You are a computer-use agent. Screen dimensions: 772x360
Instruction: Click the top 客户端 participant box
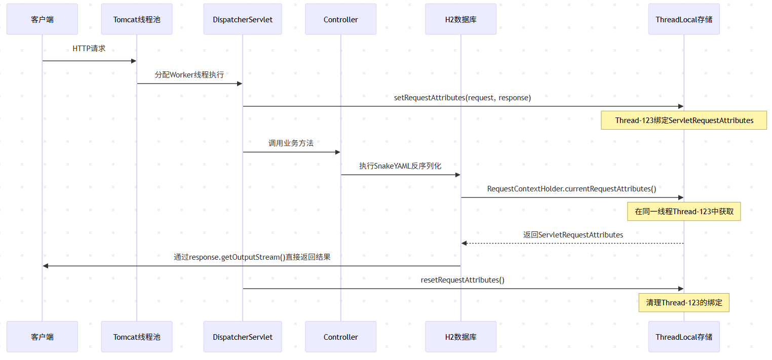(x=43, y=19)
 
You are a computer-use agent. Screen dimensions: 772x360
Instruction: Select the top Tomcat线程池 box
(x=137, y=19)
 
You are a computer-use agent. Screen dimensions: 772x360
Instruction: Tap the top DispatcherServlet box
(x=243, y=19)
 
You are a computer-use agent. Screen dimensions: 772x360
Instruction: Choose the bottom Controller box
(x=340, y=337)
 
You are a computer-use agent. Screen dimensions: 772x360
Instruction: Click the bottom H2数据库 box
(x=461, y=337)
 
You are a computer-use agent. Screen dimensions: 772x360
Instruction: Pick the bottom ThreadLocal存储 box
(x=684, y=337)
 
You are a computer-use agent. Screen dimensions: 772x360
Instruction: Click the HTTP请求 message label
(x=89, y=49)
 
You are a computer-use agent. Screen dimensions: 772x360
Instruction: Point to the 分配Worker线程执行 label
(x=189, y=75)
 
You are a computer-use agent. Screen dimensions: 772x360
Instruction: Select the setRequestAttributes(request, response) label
(x=462, y=98)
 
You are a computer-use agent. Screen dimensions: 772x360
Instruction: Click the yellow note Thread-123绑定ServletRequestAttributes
(x=684, y=120)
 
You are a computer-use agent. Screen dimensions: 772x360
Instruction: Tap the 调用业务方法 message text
(x=291, y=143)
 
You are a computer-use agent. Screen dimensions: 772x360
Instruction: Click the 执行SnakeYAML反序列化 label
(x=400, y=166)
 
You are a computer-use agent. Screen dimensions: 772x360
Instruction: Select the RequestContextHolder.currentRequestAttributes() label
(x=572, y=189)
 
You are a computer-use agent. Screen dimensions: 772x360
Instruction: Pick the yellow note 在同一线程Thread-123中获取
(x=684, y=212)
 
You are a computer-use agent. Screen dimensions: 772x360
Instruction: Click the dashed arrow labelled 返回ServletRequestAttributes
(x=572, y=243)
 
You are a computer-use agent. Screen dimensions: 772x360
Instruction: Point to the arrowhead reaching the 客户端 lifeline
(x=46, y=266)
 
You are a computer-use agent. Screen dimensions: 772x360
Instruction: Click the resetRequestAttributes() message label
(x=462, y=280)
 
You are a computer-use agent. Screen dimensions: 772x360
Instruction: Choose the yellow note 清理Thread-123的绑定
(x=684, y=302)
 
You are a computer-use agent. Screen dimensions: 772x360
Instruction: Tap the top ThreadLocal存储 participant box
(x=684, y=19)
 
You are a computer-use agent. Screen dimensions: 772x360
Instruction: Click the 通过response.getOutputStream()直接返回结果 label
(x=252, y=257)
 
